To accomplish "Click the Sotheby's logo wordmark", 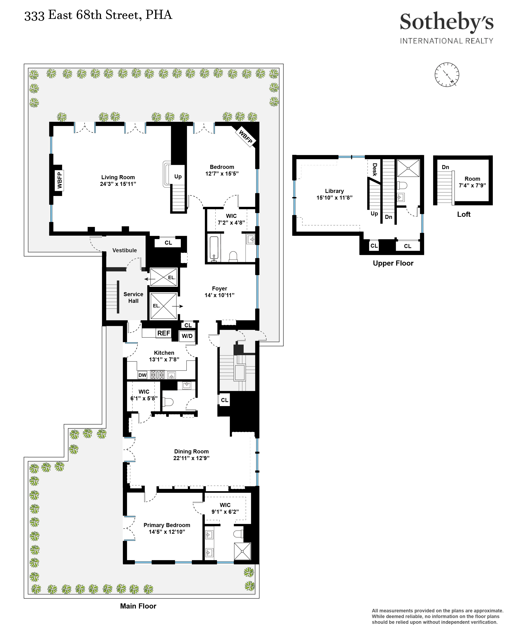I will pos(446,22).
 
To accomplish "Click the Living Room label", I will pos(118,177).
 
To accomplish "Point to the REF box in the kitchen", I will pos(163,333).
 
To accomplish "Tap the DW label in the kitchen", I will pos(142,375).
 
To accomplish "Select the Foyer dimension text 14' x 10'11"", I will pos(219,295).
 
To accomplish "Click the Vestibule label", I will pos(124,250).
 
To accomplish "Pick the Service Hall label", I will pos(133,297).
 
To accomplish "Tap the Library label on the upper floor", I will pos(334,191).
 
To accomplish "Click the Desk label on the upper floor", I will pos(375,170).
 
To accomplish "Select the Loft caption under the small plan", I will pos(463,214).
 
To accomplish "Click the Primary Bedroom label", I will pos(167,525).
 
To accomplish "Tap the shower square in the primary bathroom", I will pos(242,551).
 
